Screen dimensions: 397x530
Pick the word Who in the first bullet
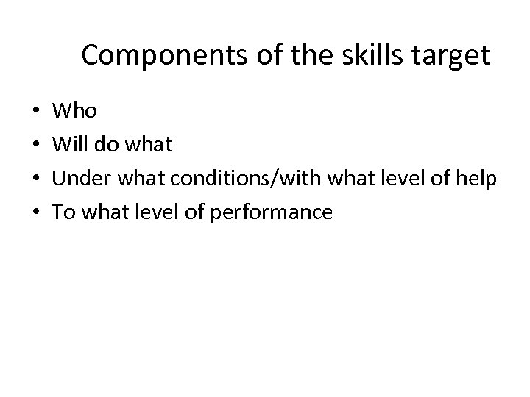[75, 111]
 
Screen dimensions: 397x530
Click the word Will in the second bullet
[71, 145]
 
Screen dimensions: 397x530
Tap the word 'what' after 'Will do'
[150, 145]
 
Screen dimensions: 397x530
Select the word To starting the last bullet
[63, 212]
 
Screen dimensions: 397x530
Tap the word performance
[271, 213]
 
